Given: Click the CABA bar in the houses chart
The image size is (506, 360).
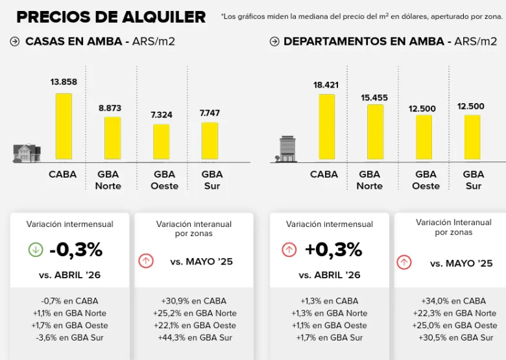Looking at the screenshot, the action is pos(64,126).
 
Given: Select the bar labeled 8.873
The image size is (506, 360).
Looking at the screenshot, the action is pos(113,138).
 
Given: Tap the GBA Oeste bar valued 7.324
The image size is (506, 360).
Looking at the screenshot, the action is pos(162,141).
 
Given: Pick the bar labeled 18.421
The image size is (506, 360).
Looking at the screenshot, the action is pos(327,126).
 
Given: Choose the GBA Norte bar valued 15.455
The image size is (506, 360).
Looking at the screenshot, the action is pos(376,132).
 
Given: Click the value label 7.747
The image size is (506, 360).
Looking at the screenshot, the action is pos(210,114).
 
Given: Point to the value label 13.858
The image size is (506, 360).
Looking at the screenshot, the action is pos(64,82).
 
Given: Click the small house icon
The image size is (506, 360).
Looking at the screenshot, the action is pos(27,153).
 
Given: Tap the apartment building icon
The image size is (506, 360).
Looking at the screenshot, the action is pos(286,149).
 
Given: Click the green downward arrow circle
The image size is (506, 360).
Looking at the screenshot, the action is pos(36,250).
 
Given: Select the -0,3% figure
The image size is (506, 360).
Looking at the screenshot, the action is pos(76,250).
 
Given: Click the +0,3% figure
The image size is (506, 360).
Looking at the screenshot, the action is pos(333,250).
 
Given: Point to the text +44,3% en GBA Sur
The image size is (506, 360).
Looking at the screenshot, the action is pos(195,338).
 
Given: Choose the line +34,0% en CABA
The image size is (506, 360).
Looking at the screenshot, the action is pos(453,301).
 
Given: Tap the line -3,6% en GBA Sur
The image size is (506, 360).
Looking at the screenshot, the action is pos(69,338).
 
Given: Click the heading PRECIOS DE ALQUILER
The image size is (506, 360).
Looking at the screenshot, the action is pos(111,17).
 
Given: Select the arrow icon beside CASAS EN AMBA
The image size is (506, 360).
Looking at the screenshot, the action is pos(14,42).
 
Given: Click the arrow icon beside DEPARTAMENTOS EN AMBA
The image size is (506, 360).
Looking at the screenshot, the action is pos(274,42).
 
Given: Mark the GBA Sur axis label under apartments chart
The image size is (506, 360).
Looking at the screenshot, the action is pos(474,180).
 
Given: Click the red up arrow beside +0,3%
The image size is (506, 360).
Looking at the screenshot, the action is pos(289,250).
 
